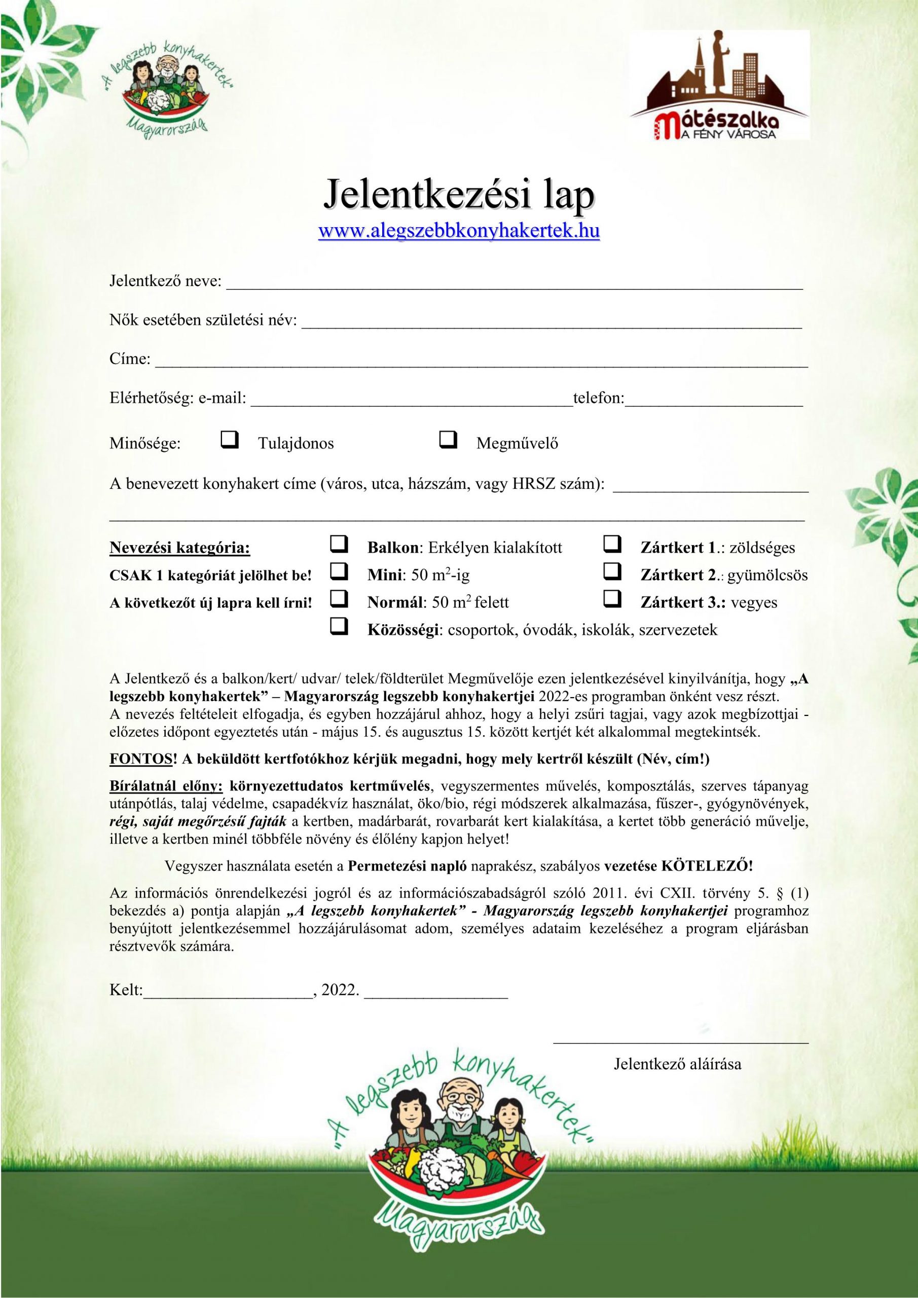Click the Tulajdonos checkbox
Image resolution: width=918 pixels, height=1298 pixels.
coord(230,439)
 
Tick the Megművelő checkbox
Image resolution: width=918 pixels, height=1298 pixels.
coord(448,439)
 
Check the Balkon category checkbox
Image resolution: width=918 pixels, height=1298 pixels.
coord(339,545)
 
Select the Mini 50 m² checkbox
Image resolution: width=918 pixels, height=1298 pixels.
coord(339,572)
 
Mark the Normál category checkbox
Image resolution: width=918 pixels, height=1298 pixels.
coord(339,599)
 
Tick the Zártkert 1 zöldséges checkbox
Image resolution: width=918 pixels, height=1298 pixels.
coord(612,545)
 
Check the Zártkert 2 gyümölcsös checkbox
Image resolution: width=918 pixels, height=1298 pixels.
coord(612,572)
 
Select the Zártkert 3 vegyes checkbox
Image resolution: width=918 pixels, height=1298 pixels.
coord(612,599)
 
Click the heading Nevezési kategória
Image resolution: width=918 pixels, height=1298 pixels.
coord(180,548)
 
